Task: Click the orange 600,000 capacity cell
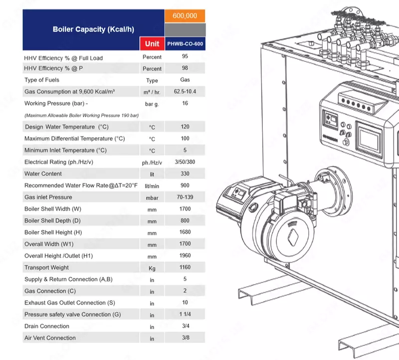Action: tap(185, 16)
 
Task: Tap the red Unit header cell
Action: tap(152, 43)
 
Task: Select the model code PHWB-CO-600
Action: tap(185, 43)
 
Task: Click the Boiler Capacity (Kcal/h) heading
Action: tap(93, 29)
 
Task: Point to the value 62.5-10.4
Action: tap(185, 92)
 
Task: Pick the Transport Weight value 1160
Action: tap(185, 268)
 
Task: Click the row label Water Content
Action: tap(43, 174)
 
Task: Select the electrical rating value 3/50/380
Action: tap(185, 162)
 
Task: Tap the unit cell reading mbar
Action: tap(152, 198)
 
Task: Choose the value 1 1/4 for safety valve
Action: tap(185, 315)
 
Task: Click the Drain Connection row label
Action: tap(47, 326)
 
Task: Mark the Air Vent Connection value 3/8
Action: tap(185, 338)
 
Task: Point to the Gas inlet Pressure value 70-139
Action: tap(185, 197)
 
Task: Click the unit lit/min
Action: tap(152, 186)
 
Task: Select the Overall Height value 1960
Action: tap(185, 256)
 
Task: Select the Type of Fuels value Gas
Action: tap(185, 80)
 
